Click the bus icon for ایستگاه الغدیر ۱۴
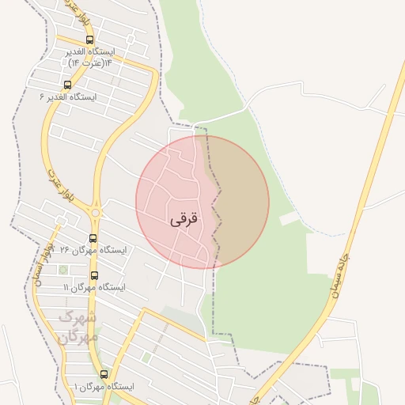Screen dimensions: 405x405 [x=89, y=40]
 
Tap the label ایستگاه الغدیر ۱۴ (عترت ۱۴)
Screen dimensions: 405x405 [x=99, y=55]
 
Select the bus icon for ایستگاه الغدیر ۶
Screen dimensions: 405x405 [x=66, y=84]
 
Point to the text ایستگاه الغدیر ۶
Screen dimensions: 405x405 [x=67, y=97]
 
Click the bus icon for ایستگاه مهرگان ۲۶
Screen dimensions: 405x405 [x=93, y=238]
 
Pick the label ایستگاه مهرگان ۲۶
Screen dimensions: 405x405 [x=99, y=251]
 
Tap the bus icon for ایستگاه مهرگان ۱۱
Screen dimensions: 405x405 [x=95, y=275]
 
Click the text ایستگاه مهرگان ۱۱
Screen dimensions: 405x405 [x=97, y=288]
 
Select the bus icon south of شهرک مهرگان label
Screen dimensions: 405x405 [x=104, y=374]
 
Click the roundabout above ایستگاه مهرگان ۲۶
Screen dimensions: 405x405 [x=96, y=212]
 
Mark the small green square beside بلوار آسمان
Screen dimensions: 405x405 [x=63, y=270]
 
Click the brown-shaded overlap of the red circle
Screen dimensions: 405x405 [x=241, y=202]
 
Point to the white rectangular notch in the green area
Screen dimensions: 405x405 [x=290, y=217]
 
